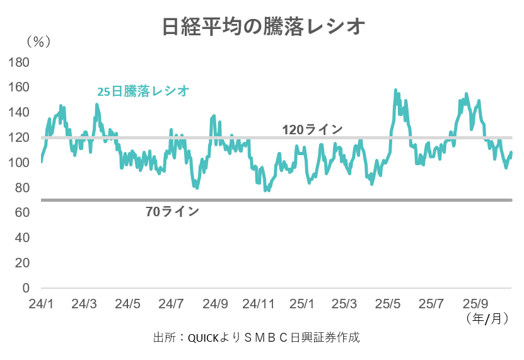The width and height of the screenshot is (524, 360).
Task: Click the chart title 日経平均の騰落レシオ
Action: click(x=262, y=27)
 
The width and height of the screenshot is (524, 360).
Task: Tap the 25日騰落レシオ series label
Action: click(x=143, y=91)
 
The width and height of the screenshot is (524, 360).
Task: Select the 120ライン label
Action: click(x=312, y=129)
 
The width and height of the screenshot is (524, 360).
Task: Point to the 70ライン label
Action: click(x=172, y=212)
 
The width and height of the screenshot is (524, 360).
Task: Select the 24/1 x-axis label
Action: click(x=41, y=304)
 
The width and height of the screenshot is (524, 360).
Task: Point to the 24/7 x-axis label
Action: click(x=172, y=304)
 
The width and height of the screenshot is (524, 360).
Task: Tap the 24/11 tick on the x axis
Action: click(x=259, y=304)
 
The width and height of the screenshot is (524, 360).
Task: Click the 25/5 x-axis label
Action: click(x=390, y=304)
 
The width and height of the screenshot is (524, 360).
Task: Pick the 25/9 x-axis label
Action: click(x=477, y=304)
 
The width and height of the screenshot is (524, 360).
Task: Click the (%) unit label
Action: click(x=38, y=42)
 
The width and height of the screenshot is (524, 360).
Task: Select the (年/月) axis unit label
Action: click(x=487, y=318)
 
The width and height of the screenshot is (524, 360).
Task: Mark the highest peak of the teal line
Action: click(x=395, y=90)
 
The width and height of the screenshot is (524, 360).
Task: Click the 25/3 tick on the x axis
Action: click(x=346, y=304)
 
